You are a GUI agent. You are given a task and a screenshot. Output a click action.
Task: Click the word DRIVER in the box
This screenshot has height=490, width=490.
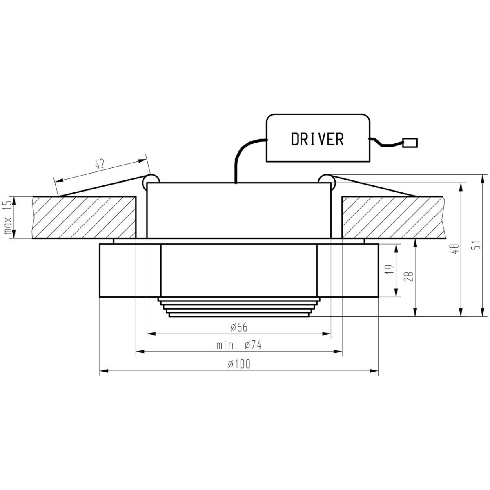(317, 139)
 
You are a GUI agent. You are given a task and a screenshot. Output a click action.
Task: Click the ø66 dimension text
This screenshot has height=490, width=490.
(239, 327)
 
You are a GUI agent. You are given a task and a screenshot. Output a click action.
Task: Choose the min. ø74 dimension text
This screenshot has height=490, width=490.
(239, 345)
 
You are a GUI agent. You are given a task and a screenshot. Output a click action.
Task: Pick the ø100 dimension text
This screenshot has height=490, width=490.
(239, 365)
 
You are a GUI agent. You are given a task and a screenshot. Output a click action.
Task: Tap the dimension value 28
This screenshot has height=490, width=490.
(410, 277)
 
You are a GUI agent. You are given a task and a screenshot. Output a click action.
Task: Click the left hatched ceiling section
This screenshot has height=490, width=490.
(84, 217)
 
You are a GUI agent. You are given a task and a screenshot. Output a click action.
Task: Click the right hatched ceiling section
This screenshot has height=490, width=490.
(392, 217)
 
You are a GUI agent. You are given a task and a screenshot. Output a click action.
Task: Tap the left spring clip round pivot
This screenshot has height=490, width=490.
(151, 180)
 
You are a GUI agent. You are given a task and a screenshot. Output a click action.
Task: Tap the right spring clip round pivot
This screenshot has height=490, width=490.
(325, 180)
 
